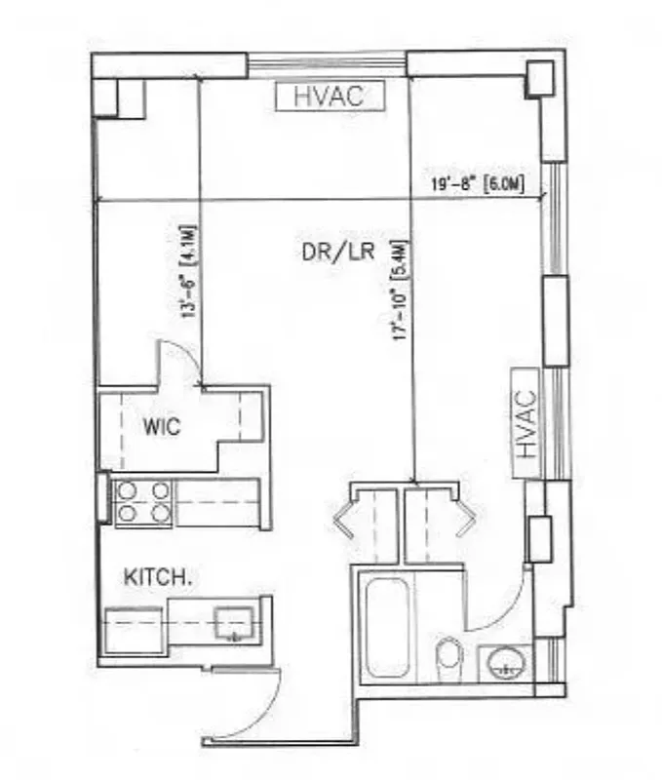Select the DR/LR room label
point(338,251)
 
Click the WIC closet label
point(162,427)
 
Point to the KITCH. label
point(156,577)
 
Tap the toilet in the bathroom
point(448,653)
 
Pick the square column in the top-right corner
point(539,80)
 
